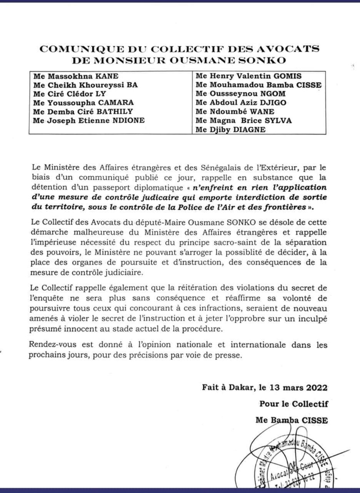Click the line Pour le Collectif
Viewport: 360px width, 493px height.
pos(293,403)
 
